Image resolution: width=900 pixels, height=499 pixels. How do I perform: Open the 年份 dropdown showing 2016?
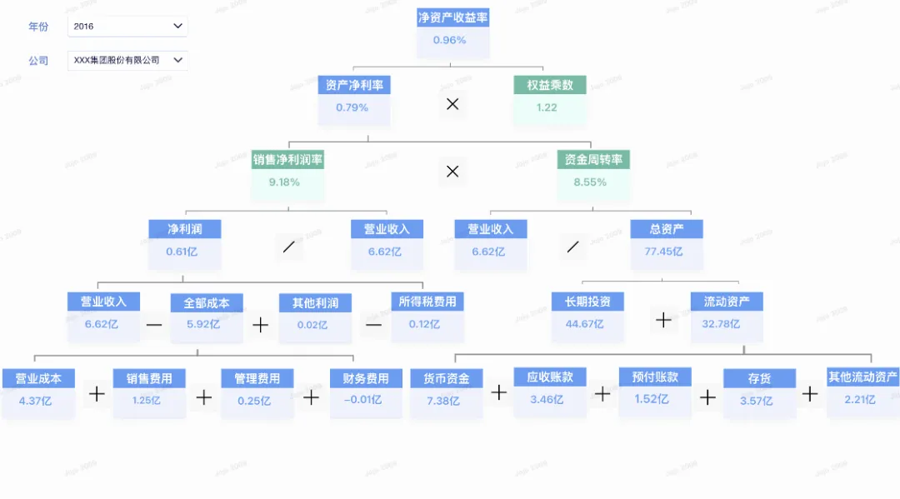pos(127,27)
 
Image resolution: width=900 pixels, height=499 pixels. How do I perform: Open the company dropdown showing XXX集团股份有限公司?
pos(127,60)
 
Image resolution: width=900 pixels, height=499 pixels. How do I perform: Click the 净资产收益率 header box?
pos(452,17)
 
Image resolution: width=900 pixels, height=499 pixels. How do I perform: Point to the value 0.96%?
pos(449,40)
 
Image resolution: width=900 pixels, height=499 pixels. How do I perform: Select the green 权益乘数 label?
pos(549,85)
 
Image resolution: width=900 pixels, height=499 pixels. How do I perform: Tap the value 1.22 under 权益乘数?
pos(547,107)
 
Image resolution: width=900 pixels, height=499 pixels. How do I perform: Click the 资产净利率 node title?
pos(354,85)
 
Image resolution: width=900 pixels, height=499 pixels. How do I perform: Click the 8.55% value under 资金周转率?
pos(590,182)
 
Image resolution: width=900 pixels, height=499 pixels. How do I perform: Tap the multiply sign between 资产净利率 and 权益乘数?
pos(452,104)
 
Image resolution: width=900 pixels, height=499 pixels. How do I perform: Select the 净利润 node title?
pos(184,228)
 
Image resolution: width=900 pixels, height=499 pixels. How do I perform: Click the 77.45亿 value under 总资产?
pos(666,252)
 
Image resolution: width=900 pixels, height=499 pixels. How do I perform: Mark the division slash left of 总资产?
pos(572,247)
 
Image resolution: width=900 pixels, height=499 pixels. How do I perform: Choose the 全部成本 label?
pos(207,302)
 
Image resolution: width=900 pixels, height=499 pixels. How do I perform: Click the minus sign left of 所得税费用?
pos(373,324)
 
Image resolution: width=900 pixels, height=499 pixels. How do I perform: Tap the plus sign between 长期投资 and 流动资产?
pos(663,320)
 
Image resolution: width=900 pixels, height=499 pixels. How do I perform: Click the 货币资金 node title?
pos(447,378)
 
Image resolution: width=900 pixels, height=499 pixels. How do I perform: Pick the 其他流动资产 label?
pos(862,377)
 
